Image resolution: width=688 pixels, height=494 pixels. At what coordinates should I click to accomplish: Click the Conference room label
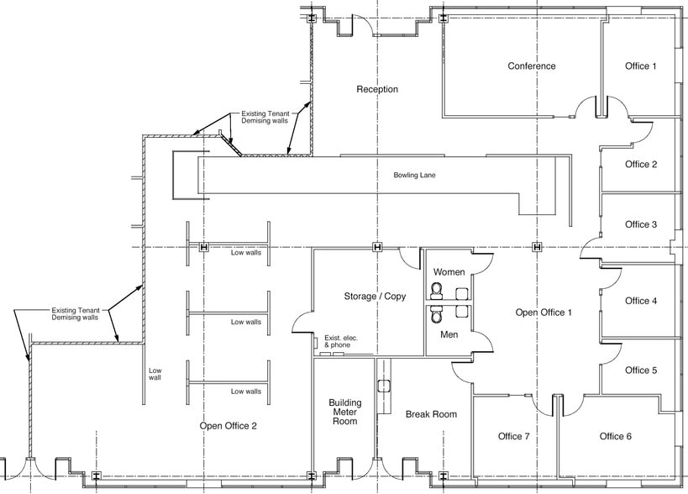pyautogui.click(x=531, y=66)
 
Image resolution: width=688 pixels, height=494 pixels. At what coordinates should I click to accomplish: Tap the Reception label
pyautogui.click(x=377, y=89)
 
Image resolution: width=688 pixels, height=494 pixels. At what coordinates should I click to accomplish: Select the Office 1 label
pyautogui.click(x=641, y=66)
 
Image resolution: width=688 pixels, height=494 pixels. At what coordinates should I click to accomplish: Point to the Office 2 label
pyautogui.click(x=641, y=165)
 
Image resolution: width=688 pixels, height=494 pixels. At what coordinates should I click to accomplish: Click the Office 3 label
pyautogui.click(x=641, y=224)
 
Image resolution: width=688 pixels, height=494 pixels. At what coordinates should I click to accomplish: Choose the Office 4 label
pyautogui.click(x=641, y=301)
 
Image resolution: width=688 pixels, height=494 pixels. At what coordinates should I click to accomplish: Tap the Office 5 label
pyautogui.click(x=641, y=370)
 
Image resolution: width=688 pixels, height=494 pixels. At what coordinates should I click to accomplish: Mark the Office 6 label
pyautogui.click(x=616, y=436)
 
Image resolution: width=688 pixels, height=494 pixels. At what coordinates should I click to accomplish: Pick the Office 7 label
pyautogui.click(x=513, y=436)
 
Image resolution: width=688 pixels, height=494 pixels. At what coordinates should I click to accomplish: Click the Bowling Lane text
pyautogui.click(x=415, y=176)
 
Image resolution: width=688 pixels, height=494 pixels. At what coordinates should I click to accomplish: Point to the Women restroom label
pyautogui.click(x=449, y=273)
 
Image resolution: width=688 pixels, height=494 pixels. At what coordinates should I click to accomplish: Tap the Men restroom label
pyautogui.click(x=449, y=335)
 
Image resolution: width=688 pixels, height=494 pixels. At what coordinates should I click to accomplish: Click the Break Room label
pyautogui.click(x=431, y=414)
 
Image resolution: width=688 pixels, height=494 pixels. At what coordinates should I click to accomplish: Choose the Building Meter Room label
pyautogui.click(x=344, y=412)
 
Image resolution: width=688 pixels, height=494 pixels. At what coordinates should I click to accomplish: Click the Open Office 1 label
pyautogui.click(x=544, y=313)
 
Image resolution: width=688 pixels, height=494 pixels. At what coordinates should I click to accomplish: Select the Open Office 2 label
pyautogui.click(x=228, y=426)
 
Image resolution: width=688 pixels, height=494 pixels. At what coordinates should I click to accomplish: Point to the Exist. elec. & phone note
pyautogui.click(x=341, y=341)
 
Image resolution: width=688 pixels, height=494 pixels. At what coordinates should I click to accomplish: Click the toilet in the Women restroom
pyautogui.click(x=436, y=292)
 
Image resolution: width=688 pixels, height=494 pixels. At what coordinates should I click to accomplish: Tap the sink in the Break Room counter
pyautogui.click(x=384, y=387)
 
